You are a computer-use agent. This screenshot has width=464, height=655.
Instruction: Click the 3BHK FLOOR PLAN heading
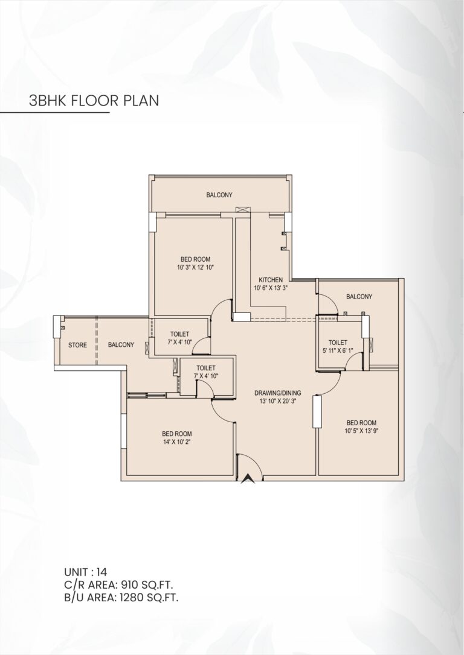pyautogui.click(x=94, y=100)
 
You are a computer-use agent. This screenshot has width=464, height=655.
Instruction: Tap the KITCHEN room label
pyautogui.click(x=270, y=280)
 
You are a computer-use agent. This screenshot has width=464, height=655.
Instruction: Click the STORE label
pyautogui.click(x=77, y=345)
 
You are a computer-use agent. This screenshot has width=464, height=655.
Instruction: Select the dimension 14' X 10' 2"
pyautogui.click(x=177, y=441)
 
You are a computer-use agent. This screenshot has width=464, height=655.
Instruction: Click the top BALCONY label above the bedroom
pyautogui.click(x=219, y=195)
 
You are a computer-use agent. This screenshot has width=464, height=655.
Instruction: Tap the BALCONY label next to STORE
pyautogui.click(x=121, y=345)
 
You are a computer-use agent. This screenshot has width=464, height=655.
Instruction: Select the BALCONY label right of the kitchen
pyautogui.click(x=359, y=296)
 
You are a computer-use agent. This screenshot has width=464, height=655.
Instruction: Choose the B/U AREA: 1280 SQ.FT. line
pyautogui.click(x=121, y=598)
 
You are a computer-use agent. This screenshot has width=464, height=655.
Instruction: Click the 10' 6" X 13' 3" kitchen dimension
pyautogui.click(x=270, y=288)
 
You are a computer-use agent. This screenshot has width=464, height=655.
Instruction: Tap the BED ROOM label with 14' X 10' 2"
pyautogui.click(x=177, y=434)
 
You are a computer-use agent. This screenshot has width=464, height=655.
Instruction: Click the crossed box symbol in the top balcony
pyautogui.click(x=242, y=209)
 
